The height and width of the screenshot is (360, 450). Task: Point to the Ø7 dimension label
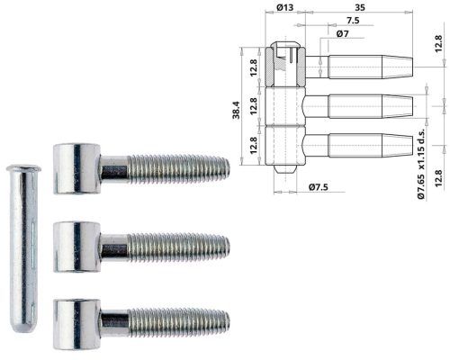tap(342, 33)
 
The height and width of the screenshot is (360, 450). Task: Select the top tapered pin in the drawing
tap(369, 66)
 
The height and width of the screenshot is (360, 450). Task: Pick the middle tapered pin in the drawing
tap(369, 108)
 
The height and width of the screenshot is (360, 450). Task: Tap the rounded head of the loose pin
tap(21, 170)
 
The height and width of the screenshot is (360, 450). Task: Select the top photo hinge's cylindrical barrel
tap(74, 167)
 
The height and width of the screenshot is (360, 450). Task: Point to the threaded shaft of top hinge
tap(175, 167)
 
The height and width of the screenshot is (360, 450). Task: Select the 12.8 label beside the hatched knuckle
tap(254, 66)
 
